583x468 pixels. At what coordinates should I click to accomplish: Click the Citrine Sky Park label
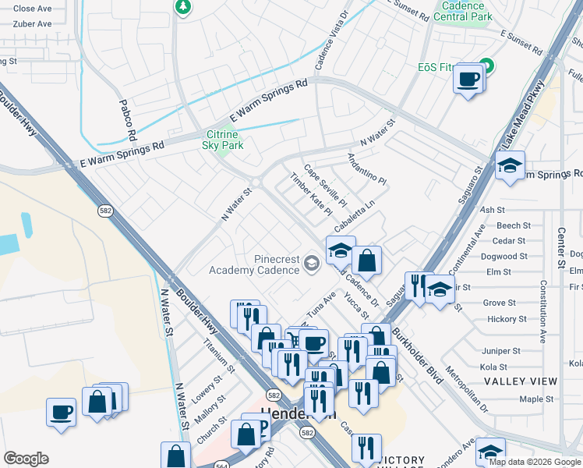[223, 140]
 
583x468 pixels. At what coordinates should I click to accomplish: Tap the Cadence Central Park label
[462, 10]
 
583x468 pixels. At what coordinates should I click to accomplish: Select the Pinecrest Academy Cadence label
[254, 264]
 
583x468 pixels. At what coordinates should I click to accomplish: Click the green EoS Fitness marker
[487, 66]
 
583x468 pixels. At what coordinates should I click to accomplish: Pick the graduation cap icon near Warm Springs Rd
[510, 166]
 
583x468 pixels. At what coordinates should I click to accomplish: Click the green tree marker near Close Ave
[183, 7]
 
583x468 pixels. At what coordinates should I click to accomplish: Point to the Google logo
[26, 459]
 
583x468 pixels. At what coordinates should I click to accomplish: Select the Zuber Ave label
[33, 24]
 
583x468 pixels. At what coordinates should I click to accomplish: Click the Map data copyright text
[535, 462]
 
